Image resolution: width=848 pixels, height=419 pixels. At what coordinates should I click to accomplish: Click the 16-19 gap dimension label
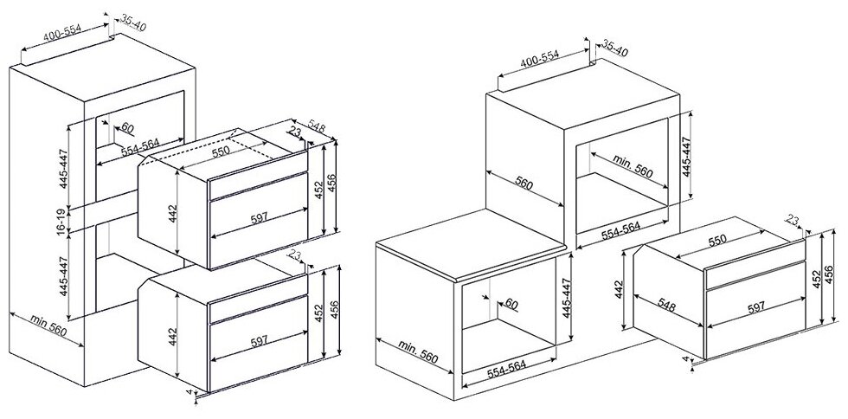click(x=61, y=221)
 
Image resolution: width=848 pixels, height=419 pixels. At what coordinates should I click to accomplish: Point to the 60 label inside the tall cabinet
click(x=126, y=128)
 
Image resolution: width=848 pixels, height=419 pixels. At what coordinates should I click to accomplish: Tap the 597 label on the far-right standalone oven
click(x=755, y=307)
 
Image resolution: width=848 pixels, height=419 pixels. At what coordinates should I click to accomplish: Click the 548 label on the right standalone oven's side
click(x=668, y=306)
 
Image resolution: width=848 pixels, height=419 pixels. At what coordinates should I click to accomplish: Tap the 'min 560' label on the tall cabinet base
click(x=48, y=326)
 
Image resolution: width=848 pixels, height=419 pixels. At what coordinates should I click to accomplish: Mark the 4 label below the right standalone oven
click(x=685, y=359)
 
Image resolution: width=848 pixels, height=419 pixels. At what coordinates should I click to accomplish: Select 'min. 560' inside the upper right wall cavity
click(x=633, y=167)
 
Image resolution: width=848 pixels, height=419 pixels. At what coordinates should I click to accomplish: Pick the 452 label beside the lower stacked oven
click(x=319, y=313)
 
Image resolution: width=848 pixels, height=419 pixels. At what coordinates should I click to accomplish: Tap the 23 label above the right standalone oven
click(x=792, y=220)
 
